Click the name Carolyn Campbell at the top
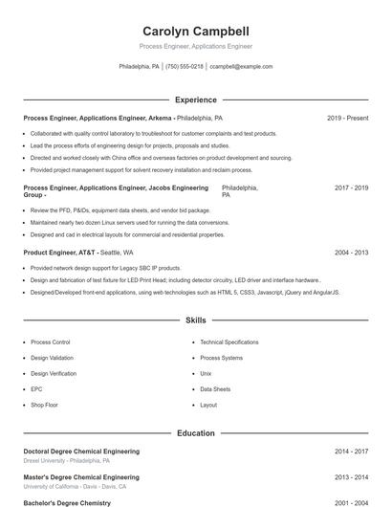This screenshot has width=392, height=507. [195, 32]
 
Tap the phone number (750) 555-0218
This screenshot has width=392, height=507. [185, 67]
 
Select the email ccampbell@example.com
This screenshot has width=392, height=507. [241, 67]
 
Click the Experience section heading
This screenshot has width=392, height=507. [196, 99]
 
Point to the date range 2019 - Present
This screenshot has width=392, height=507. [347, 119]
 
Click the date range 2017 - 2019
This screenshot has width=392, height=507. [351, 188]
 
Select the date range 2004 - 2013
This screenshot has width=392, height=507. [351, 253]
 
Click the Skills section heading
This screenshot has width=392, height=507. [196, 320]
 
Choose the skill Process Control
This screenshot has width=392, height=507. [51, 342]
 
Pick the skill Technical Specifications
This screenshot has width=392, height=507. [229, 342]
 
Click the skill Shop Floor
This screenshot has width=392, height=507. [44, 405]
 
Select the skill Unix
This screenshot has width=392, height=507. [206, 373]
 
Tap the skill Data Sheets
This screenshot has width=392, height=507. [215, 389]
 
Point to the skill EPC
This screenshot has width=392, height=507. [36, 389]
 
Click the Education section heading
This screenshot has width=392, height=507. [196, 433]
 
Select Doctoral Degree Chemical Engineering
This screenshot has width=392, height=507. [81, 451]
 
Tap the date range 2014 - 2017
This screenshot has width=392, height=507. [351, 451]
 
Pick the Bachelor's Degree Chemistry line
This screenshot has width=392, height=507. [67, 502]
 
